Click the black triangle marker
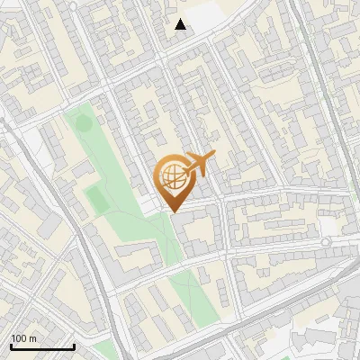tap(181, 24)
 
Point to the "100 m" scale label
tap(24, 337)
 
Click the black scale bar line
tap(42, 346)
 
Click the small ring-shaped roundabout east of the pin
tap(326, 242)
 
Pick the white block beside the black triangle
tap(205, 16)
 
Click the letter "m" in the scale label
tap(33, 337)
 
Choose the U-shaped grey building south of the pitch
tap(135, 257)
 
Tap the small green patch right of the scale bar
tap(107, 349)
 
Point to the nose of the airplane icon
tap(214, 156)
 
